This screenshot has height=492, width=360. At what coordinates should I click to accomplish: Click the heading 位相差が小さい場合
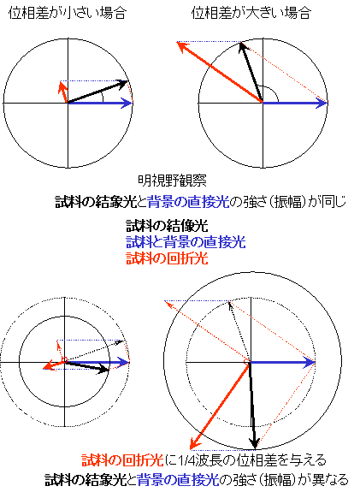[68, 13]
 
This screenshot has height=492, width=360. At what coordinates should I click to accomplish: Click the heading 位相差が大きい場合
[251, 13]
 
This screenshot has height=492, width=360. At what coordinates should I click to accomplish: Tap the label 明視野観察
[172, 181]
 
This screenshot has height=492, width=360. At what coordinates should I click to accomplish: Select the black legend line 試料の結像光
[167, 226]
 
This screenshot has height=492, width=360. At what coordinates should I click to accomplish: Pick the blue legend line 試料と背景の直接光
[186, 242]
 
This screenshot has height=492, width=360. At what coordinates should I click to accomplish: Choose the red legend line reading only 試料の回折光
[167, 258]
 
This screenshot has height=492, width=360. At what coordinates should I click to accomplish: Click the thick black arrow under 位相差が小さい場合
[97, 92]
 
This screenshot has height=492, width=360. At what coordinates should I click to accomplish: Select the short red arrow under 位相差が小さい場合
[63, 92]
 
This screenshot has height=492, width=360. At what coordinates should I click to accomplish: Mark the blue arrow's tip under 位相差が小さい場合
[133, 103]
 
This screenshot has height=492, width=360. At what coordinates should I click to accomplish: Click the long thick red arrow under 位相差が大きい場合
[220, 73]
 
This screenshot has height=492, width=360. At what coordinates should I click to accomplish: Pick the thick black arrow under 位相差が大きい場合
[251, 73]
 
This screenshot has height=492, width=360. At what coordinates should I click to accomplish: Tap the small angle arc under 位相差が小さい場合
[103, 98]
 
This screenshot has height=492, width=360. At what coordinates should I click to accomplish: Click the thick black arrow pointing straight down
[252, 406]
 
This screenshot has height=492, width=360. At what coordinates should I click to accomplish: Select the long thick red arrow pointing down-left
[220, 406]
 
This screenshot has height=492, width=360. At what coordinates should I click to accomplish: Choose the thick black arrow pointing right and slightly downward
[86, 367]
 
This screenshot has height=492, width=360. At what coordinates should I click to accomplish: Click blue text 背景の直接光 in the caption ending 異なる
[178, 480]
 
